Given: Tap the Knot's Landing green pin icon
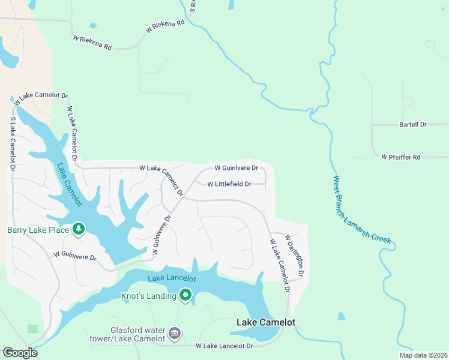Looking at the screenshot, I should click(x=185, y=295).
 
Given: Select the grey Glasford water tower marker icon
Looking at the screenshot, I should click(x=175, y=332).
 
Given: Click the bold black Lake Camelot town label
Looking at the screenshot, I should click(x=266, y=323).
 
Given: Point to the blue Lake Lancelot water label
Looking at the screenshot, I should click(x=172, y=278).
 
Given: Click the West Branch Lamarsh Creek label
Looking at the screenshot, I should click(x=362, y=209).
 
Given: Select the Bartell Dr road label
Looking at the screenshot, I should click(x=412, y=124).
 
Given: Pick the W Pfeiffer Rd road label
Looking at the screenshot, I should click(x=401, y=157).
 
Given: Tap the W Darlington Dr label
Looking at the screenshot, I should click(x=295, y=255).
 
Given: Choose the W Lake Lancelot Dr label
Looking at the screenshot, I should click(x=224, y=346).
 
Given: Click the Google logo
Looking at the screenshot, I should click(x=20, y=353).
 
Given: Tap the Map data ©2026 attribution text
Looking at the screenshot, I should click(x=423, y=355).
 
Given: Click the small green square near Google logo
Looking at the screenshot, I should click(x=32, y=329).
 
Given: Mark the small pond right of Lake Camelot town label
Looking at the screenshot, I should click(x=341, y=316).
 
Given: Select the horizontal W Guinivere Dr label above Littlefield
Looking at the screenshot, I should click(x=236, y=168).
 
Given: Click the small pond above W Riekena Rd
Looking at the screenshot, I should click(x=92, y=26).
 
